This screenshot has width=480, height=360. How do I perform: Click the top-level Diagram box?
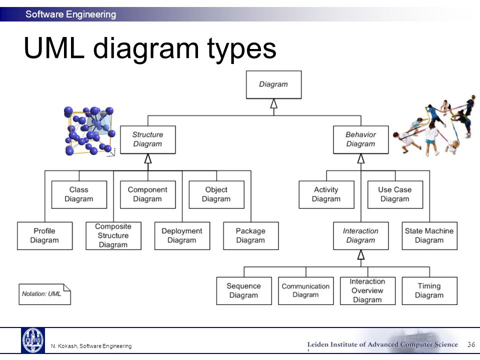(x=273, y=85)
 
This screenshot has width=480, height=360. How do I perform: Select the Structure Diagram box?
(x=148, y=139)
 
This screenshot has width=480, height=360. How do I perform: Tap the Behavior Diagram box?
(x=361, y=139)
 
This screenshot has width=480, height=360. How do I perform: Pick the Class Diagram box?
(x=79, y=194)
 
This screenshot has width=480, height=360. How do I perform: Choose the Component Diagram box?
(x=148, y=194)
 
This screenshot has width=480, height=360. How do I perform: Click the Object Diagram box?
(x=216, y=194)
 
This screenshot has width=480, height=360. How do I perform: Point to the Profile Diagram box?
(x=44, y=236)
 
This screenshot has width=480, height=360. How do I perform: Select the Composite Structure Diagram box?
(x=113, y=236)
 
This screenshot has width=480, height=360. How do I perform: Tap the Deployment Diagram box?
(x=182, y=236)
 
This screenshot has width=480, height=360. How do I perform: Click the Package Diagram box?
(x=250, y=236)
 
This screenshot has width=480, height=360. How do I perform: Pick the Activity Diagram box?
(x=326, y=194)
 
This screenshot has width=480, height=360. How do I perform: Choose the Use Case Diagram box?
(x=395, y=194)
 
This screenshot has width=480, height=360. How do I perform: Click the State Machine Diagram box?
(x=429, y=236)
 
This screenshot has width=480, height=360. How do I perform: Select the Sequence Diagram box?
(x=244, y=291)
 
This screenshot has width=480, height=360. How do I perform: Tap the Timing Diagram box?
(x=429, y=291)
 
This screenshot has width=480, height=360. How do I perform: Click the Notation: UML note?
(x=44, y=294)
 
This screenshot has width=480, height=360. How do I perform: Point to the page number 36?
(x=471, y=344)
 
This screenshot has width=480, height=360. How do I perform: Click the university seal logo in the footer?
(x=33, y=340)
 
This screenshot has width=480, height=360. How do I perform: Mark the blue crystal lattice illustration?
(x=89, y=131)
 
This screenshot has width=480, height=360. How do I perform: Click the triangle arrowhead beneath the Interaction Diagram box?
(x=361, y=254)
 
